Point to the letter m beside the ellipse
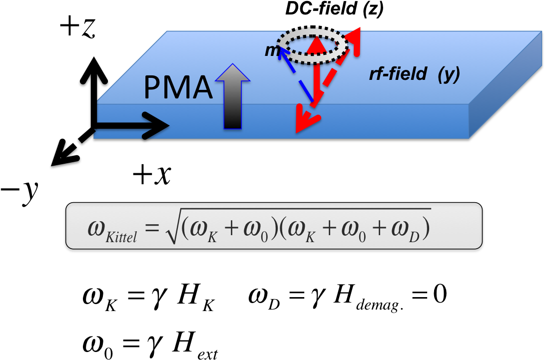[x=271, y=50]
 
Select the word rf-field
[x=398, y=74]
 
